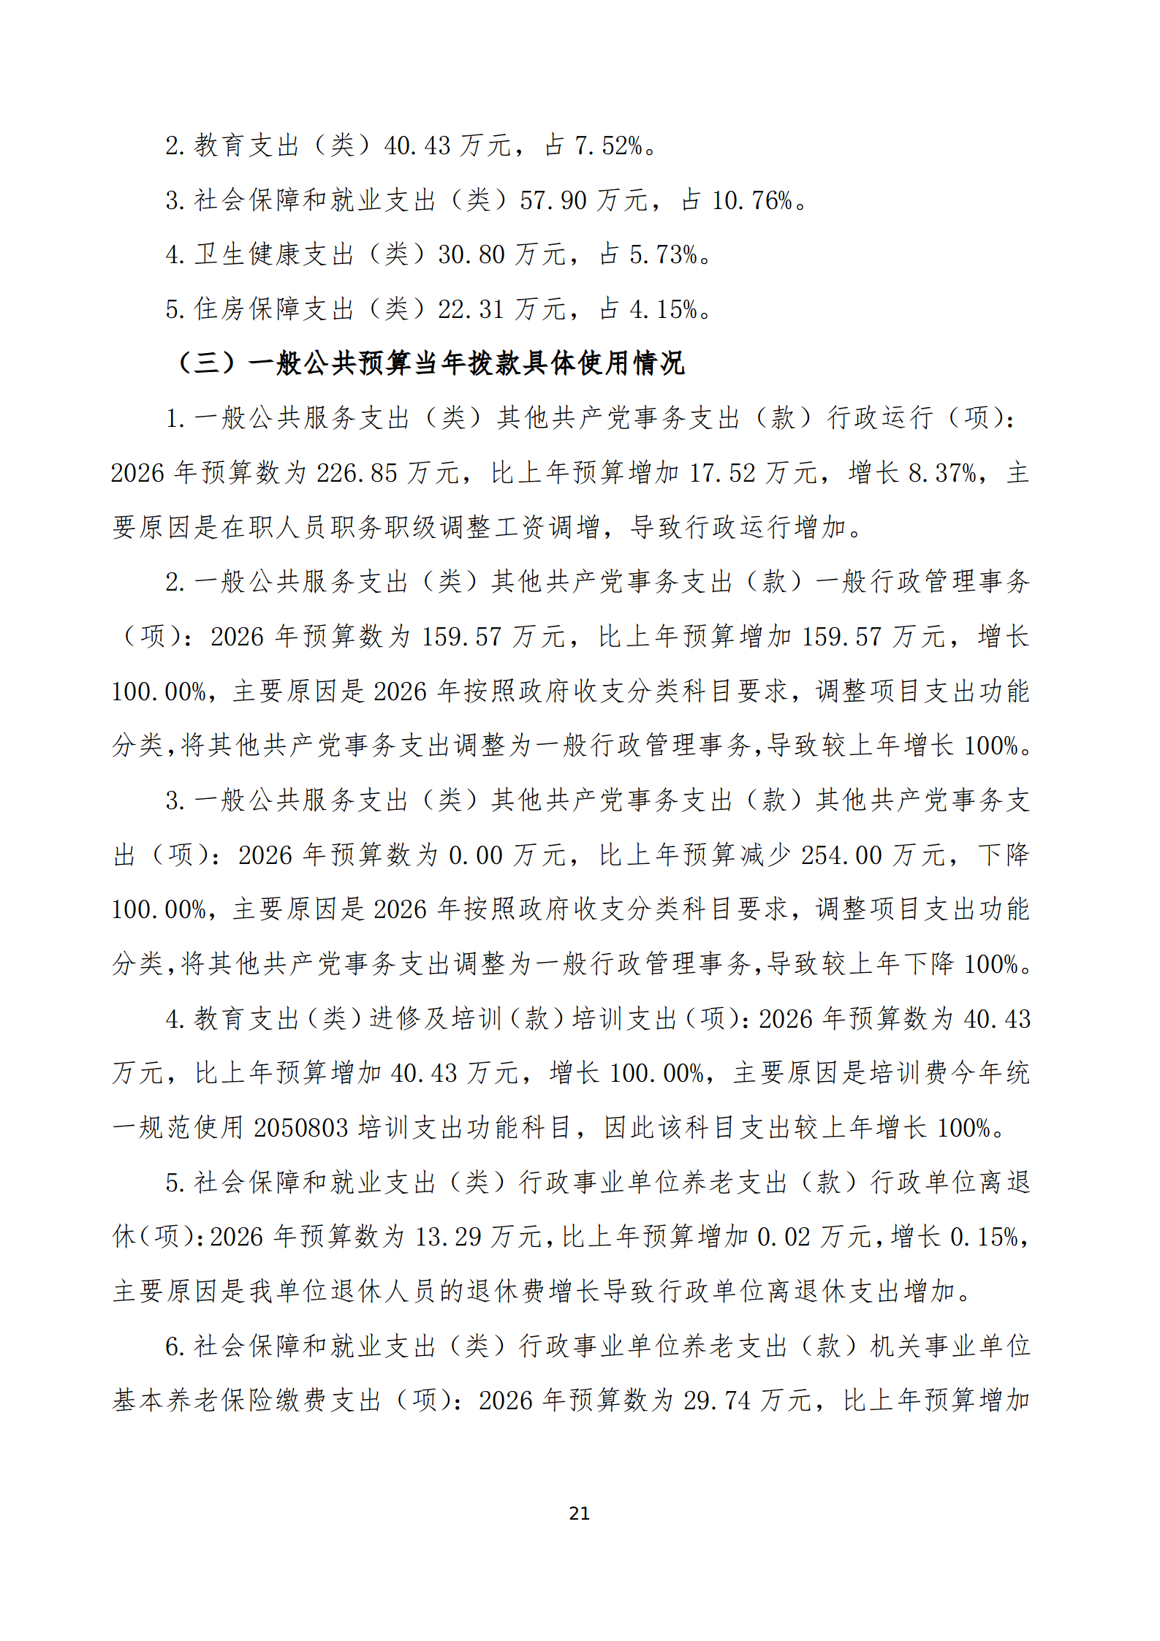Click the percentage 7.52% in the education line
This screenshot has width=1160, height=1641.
click(608, 146)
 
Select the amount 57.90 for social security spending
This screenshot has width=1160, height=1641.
click(553, 200)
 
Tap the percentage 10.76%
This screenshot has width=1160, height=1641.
click(752, 200)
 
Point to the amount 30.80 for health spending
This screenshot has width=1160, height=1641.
click(471, 255)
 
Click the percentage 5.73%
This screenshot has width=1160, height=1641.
click(664, 255)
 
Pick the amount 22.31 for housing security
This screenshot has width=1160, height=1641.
click(471, 310)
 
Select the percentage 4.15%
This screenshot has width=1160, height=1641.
click(664, 310)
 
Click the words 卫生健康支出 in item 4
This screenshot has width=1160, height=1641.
click(275, 255)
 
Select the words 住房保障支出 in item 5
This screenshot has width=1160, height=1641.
click(275, 310)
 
